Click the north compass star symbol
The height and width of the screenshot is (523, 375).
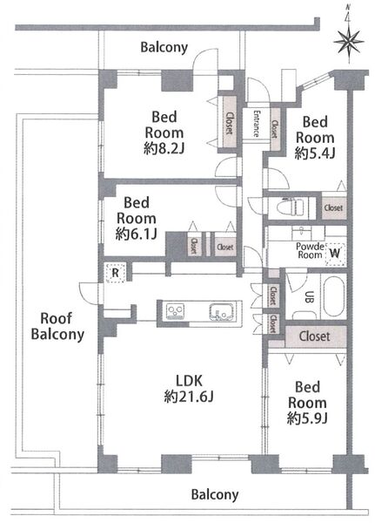349,43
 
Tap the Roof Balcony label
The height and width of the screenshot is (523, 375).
57,326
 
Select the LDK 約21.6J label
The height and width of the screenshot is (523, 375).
189,389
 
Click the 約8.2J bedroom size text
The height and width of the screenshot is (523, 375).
164,148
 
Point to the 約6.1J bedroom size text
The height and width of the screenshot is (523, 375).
137,234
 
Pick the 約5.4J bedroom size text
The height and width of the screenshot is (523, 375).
315,153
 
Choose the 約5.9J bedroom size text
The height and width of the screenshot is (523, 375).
307,418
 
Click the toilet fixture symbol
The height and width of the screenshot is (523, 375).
291,207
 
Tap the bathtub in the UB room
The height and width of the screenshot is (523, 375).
334,295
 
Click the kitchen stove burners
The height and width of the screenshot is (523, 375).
175,311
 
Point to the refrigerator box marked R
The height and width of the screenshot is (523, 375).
115,273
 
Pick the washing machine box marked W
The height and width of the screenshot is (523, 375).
335,254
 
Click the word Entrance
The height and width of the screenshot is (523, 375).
256,124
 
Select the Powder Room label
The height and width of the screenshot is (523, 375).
310,251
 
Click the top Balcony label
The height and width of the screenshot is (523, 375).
164,48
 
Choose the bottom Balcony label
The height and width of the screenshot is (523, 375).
215,494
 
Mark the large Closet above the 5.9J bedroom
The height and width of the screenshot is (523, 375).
315,336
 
